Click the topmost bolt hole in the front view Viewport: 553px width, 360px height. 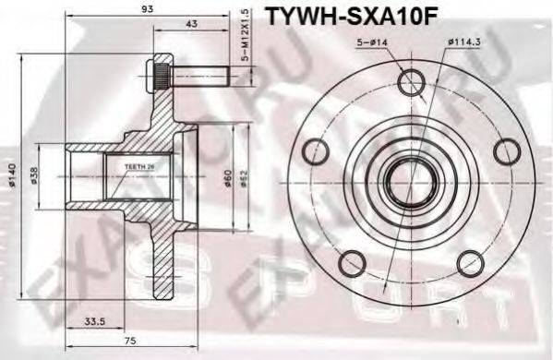coord(410,84)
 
